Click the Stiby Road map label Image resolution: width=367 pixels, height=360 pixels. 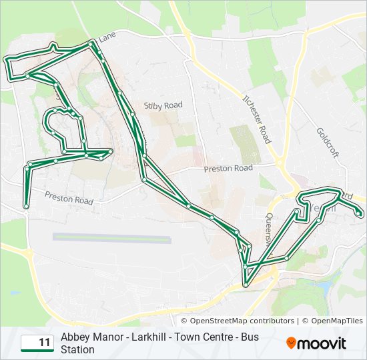coord(163,105)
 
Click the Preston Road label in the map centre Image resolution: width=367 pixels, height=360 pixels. coord(228,169)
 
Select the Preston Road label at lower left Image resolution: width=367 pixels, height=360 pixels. coord(69,198)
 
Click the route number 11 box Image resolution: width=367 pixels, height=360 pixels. coord(37,343)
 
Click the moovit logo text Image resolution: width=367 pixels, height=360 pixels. coord(322,344)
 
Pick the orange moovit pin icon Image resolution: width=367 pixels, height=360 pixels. coord(291,343)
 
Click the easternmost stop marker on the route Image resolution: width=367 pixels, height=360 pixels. coord(360,214)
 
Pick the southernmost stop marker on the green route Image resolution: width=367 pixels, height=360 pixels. coord(246,285)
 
